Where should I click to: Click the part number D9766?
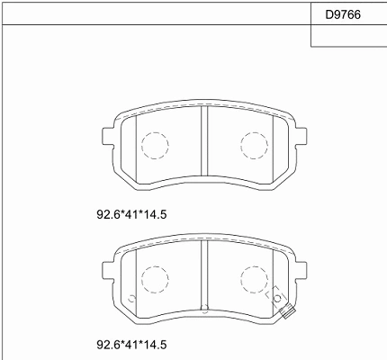point(343,14)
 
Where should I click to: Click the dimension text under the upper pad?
point(131,214)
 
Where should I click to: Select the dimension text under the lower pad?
point(131,345)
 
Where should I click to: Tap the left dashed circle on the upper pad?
point(155,132)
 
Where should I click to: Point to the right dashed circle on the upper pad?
point(254,132)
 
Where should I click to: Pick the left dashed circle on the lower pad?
point(155,266)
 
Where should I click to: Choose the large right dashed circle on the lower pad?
point(254,266)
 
